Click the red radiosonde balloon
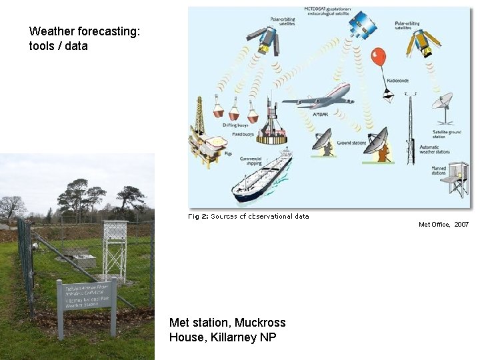pos(378,56)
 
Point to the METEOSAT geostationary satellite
pos(362,25)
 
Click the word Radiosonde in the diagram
pos(399,81)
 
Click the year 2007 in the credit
pos(461,225)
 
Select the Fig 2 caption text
pos(248,216)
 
